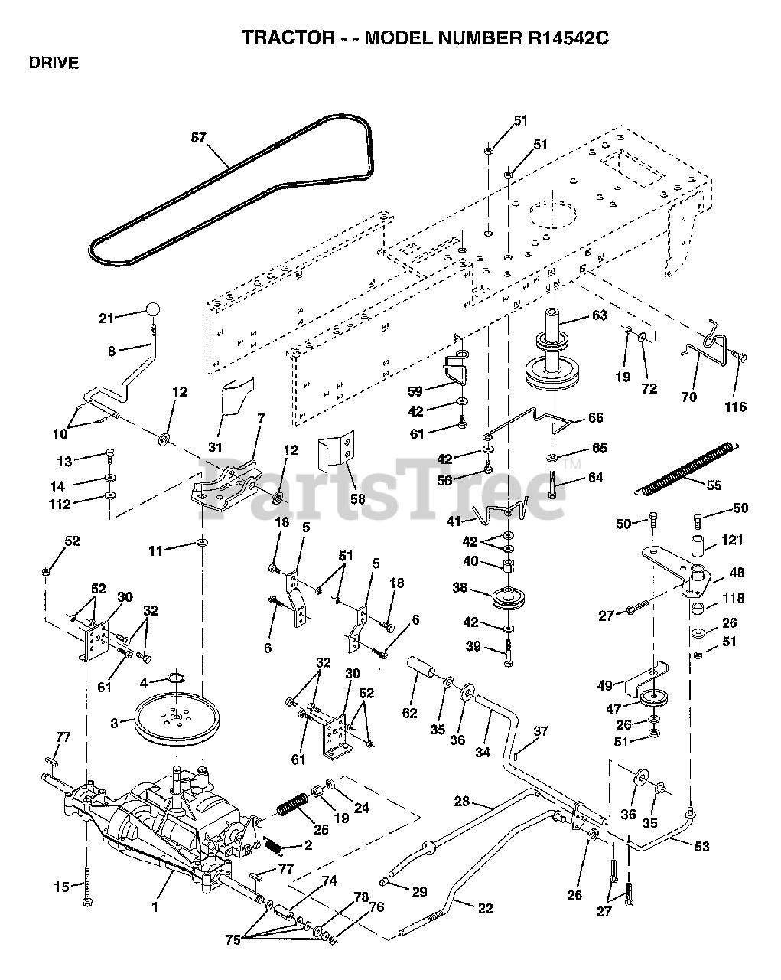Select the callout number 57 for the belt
click(199, 138)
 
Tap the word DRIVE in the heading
click(54, 64)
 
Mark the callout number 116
click(736, 407)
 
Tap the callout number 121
click(732, 541)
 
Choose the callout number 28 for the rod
click(462, 802)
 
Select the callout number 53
click(701, 846)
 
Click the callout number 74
click(329, 880)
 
